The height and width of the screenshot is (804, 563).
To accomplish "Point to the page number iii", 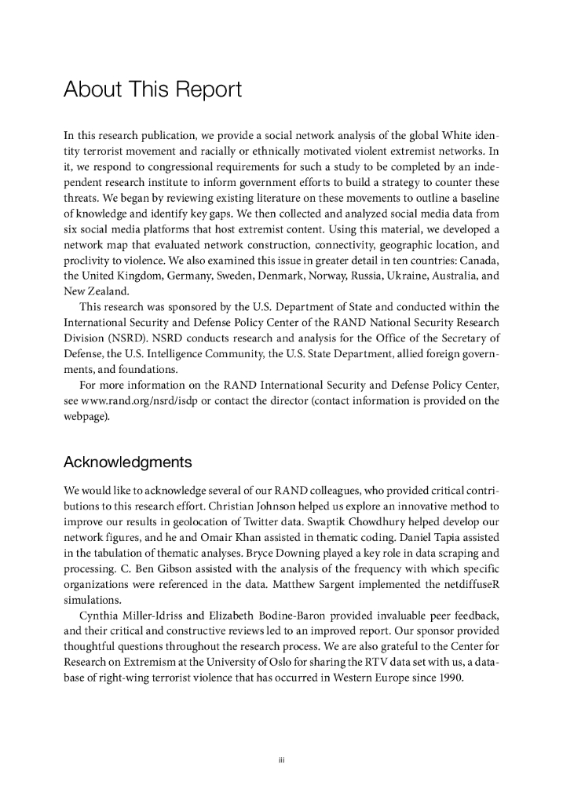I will [x=281, y=759].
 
